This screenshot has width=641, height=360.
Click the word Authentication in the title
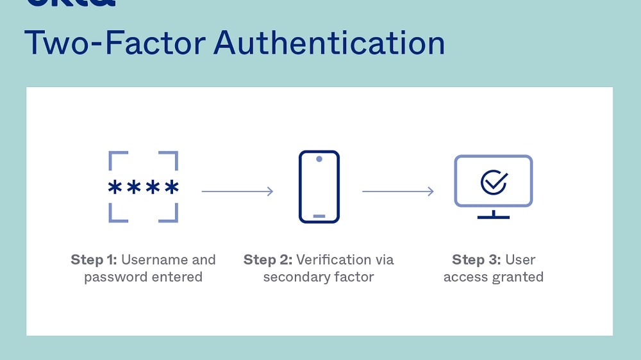pos(329,43)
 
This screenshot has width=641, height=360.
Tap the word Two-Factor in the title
pos(115,43)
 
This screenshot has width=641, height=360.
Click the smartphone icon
pos(319,187)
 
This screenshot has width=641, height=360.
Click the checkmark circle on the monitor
pos(494,182)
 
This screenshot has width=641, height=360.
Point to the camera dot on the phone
pos(319,158)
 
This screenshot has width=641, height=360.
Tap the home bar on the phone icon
pos(319,216)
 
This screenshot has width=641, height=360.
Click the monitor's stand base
pos(493,217)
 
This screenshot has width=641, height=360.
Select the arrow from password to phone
pos(237,191)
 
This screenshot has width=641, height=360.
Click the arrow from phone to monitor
pos(397,191)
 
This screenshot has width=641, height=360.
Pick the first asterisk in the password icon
pos(115,188)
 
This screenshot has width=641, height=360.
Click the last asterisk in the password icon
pos(171,188)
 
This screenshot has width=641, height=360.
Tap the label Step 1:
pos(94,260)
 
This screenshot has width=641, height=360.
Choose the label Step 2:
pos(268,260)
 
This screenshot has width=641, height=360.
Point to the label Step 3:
pos(476,260)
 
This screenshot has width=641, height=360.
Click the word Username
pos(155,260)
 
